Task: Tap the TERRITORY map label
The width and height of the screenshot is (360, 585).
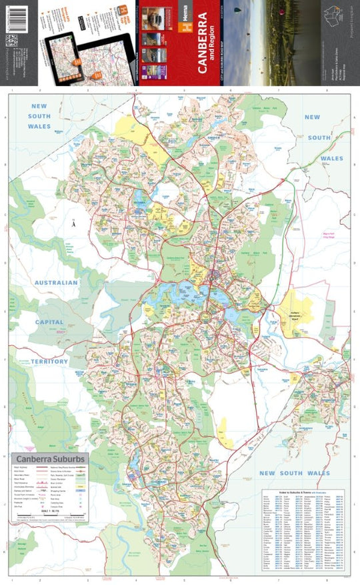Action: click(x=49, y=362)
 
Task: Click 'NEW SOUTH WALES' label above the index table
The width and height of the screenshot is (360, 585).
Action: click(x=294, y=473)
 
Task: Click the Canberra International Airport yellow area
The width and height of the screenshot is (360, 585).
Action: click(x=296, y=314)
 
